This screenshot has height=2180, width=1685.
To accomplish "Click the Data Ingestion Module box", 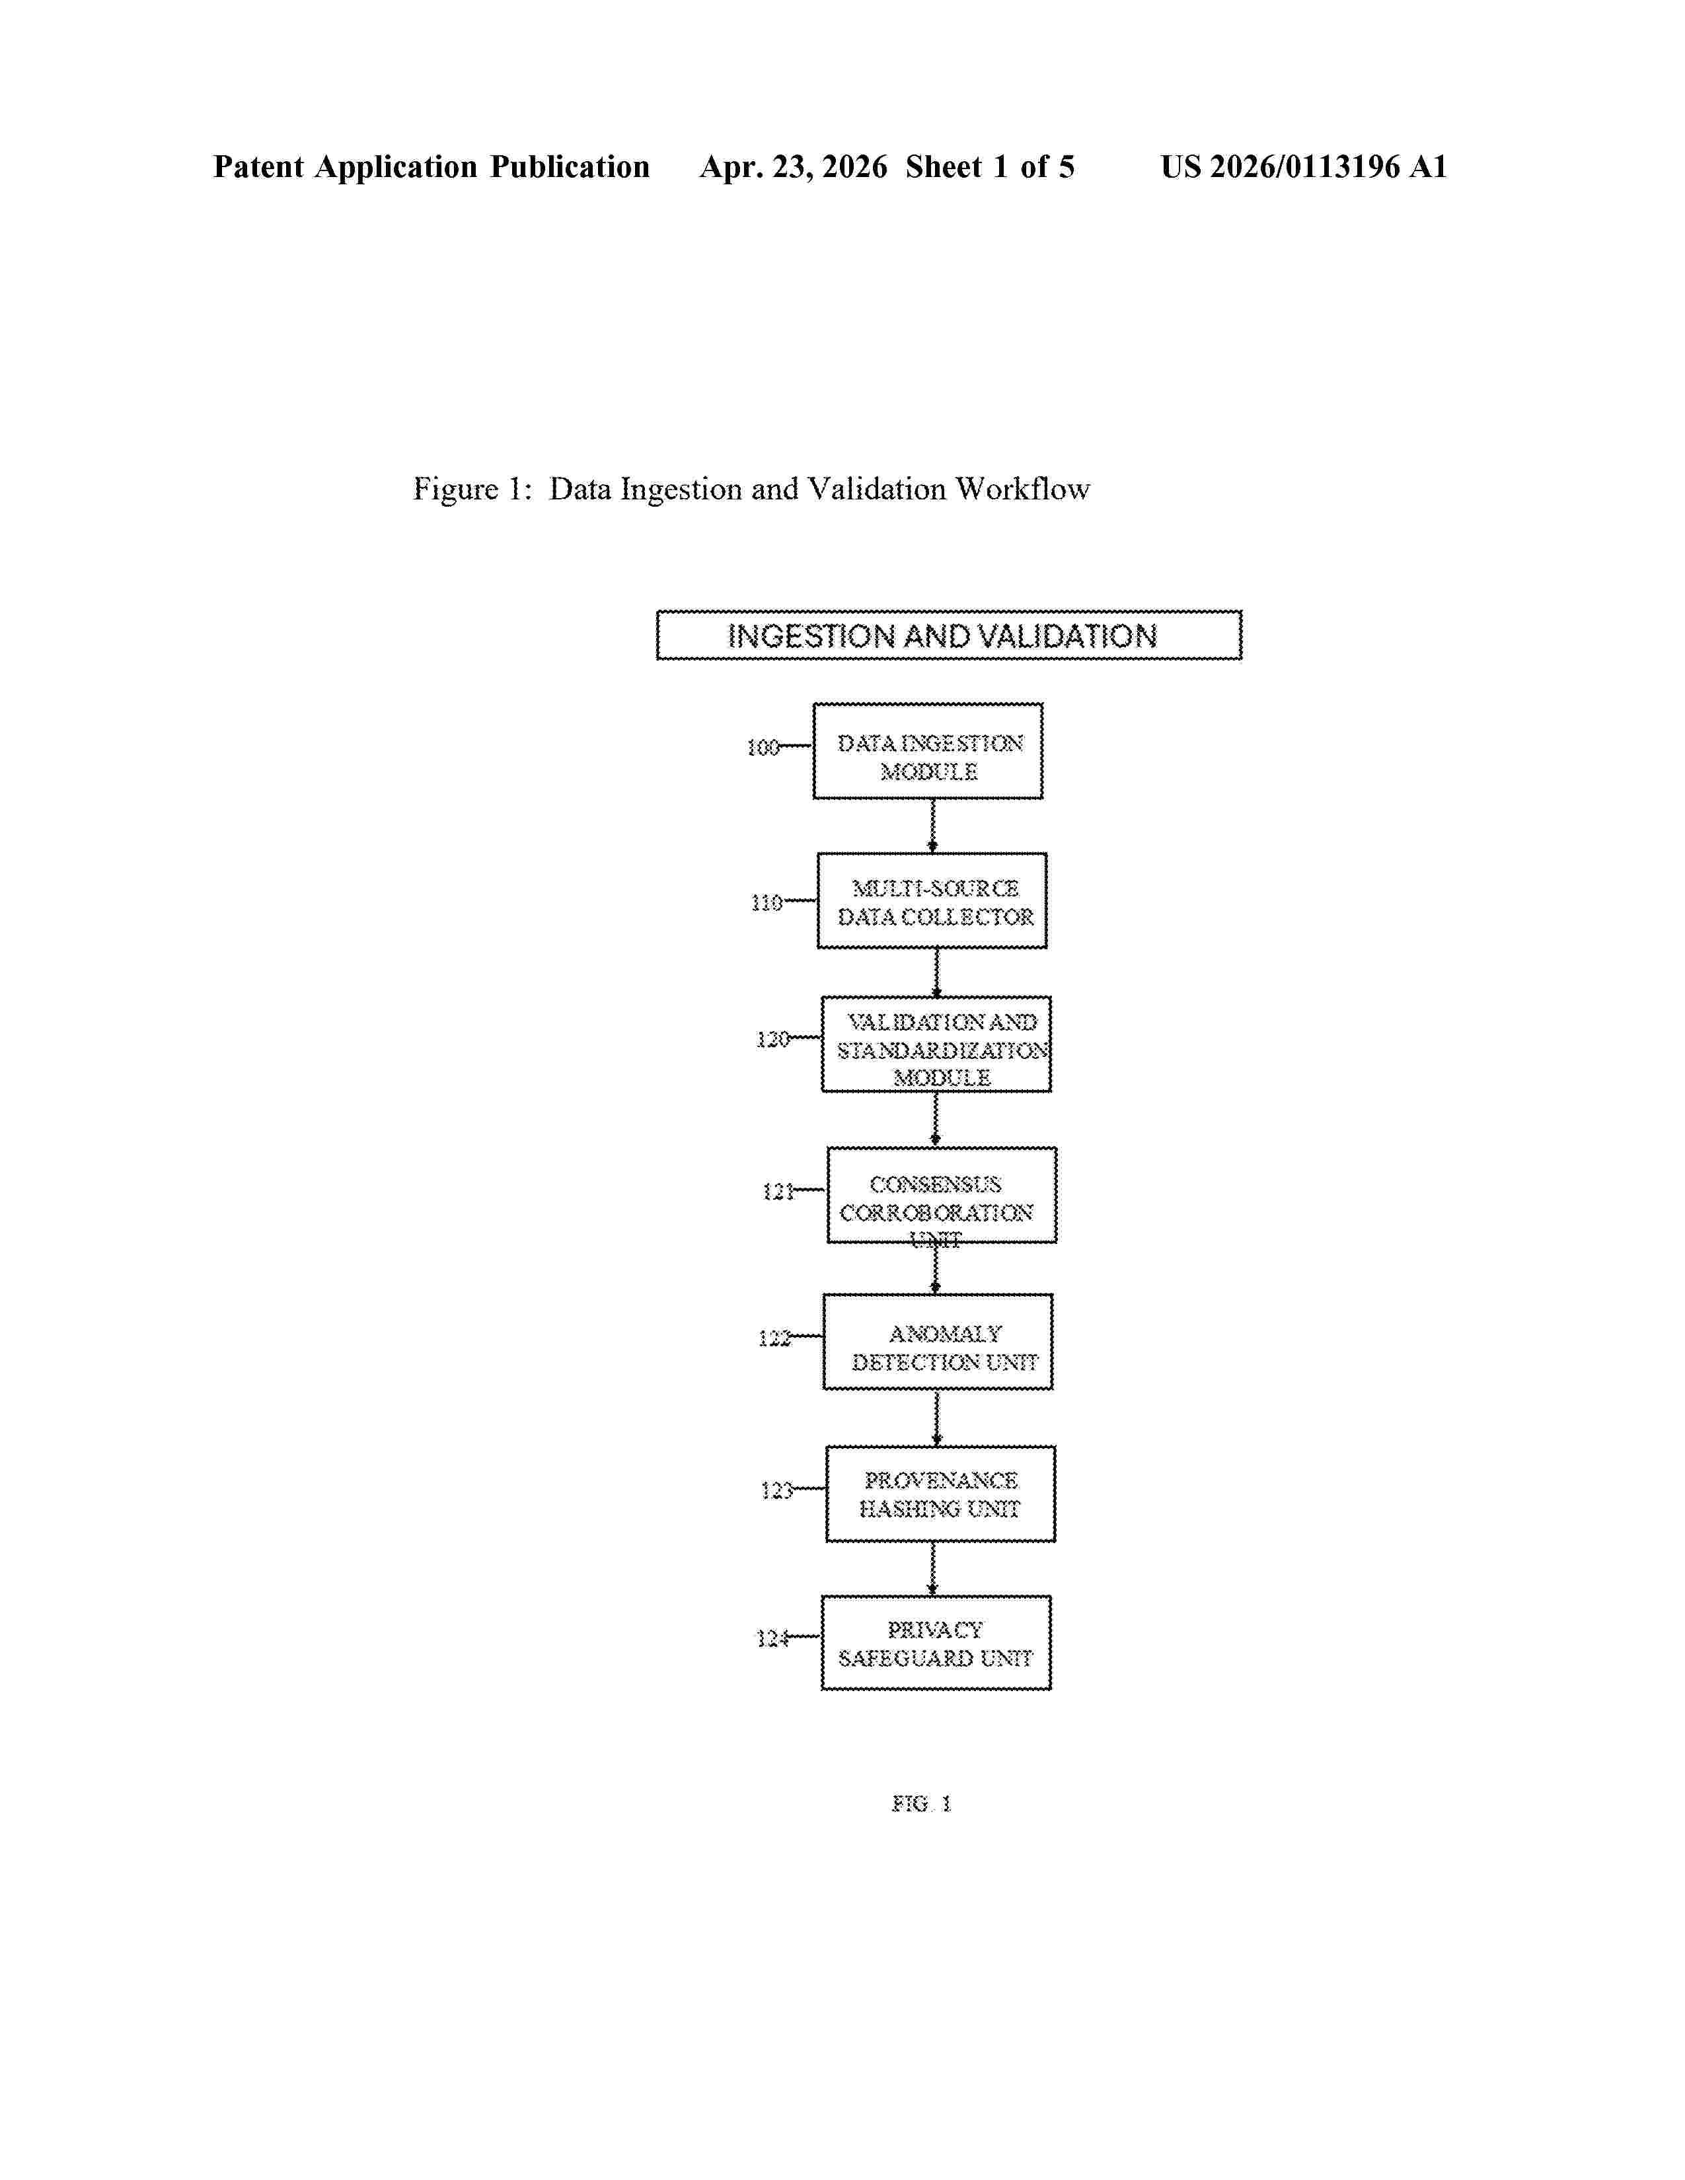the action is pyautogui.click(x=927, y=750).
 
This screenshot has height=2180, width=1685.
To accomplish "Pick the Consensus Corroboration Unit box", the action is pyautogui.click(x=942, y=1195).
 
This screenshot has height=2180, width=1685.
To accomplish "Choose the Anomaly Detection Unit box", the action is pyautogui.click(x=938, y=1342).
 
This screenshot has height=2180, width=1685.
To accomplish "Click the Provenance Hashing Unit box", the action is pyautogui.click(x=940, y=1493).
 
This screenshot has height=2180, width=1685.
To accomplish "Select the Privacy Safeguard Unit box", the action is pyautogui.click(x=936, y=1642).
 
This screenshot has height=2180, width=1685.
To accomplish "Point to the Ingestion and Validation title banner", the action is pyautogui.click(x=948, y=635).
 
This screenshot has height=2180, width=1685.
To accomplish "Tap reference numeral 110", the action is pyautogui.click(x=767, y=902).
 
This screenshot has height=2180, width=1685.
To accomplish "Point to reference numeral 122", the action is pyautogui.click(x=774, y=1338).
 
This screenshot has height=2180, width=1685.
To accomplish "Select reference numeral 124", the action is pyautogui.click(x=772, y=1638).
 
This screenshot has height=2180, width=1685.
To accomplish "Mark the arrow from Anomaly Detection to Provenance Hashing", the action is pyautogui.click(x=936, y=1418).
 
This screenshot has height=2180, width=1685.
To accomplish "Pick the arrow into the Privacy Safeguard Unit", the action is pyautogui.click(x=933, y=1568).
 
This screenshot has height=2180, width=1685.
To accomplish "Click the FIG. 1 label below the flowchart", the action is pyautogui.click(x=921, y=1803).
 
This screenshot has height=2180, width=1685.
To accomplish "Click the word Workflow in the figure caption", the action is pyautogui.click(x=1022, y=488).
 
